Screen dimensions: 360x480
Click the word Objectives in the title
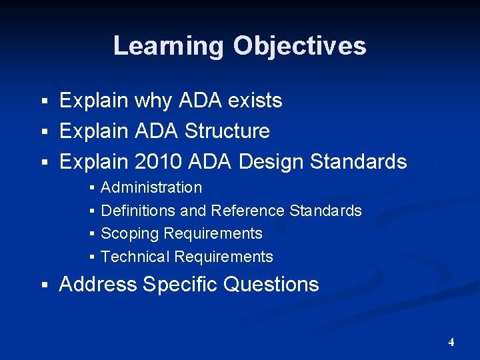click(299, 46)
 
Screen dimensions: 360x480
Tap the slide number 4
click(451, 343)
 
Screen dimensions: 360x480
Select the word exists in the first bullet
click(255, 101)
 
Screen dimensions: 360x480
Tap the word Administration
click(151, 188)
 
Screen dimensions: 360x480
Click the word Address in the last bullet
click(98, 284)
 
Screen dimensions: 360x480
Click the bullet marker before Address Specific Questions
click(45, 285)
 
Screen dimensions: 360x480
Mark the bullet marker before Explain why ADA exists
click(45, 101)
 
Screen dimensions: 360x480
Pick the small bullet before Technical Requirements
click(92, 257)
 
